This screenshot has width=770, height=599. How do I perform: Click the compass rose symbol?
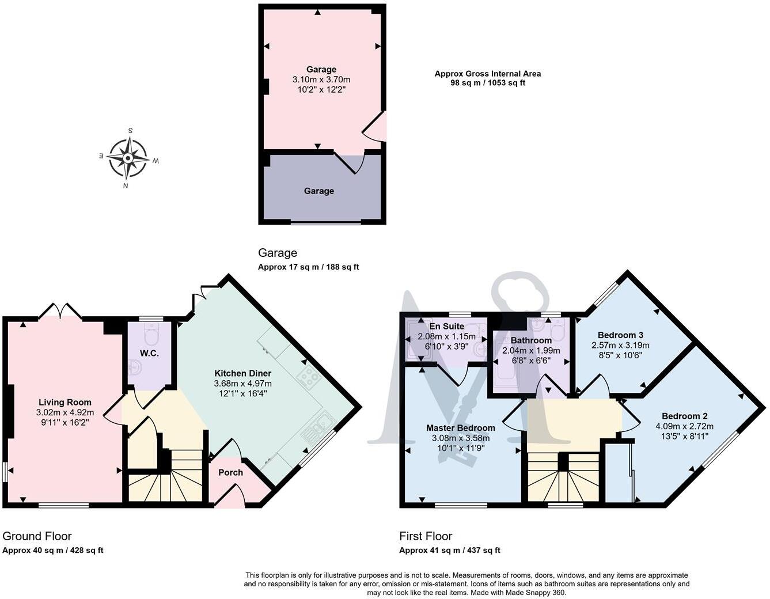coord(128,158)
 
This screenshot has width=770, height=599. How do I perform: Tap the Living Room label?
coord(65,402)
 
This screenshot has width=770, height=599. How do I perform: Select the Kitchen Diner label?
coord(242,373)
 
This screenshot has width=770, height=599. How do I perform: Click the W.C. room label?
coord(149,353)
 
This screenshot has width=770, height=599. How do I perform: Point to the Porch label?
coord(230,472)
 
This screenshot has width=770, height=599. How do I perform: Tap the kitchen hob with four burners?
coord(308,377)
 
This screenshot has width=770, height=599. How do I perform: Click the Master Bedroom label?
coord(460,428)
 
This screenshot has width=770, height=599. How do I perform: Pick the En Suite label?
coord(446,326)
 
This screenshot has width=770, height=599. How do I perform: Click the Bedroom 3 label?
coord(620,335)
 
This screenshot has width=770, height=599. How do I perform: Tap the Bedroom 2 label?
coord(684,416)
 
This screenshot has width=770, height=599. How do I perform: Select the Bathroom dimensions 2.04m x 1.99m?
coord(531,350)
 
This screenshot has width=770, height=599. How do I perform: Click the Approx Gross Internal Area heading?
coord(487,73)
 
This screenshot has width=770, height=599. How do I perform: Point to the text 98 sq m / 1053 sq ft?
coord(487,83)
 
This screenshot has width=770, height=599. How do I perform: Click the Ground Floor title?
coord(37,536)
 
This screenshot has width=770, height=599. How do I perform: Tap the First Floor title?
coord(426,536)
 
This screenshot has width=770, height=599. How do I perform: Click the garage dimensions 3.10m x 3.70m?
coord(321,79)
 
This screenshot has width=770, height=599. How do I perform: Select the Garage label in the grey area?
coord(318,191)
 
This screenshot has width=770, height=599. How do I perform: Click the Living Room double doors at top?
coord(60,311)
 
